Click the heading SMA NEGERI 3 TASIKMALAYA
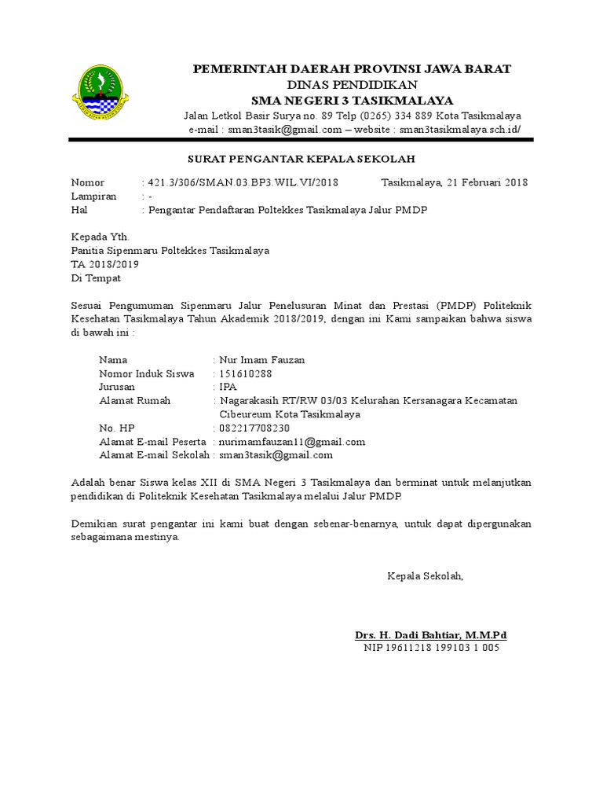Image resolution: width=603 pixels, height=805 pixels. click(352, 100)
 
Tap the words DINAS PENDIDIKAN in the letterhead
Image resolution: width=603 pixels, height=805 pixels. click(352, 84)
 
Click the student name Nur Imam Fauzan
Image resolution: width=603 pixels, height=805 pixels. click(262, 360)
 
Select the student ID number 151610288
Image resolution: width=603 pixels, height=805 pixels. click(246, 373)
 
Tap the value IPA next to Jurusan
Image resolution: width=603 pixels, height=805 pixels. click(228, 387)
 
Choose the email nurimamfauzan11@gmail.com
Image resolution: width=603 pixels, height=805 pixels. click(292, 441)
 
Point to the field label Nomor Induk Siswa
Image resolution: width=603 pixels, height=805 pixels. click(146, 373)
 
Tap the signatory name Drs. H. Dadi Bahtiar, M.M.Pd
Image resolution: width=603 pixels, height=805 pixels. click(431, 634)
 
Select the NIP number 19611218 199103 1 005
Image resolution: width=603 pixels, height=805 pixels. click(431, 648)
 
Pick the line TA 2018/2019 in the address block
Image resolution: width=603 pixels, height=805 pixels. click(105, 264)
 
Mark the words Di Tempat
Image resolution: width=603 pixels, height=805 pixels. click(97, 278)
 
